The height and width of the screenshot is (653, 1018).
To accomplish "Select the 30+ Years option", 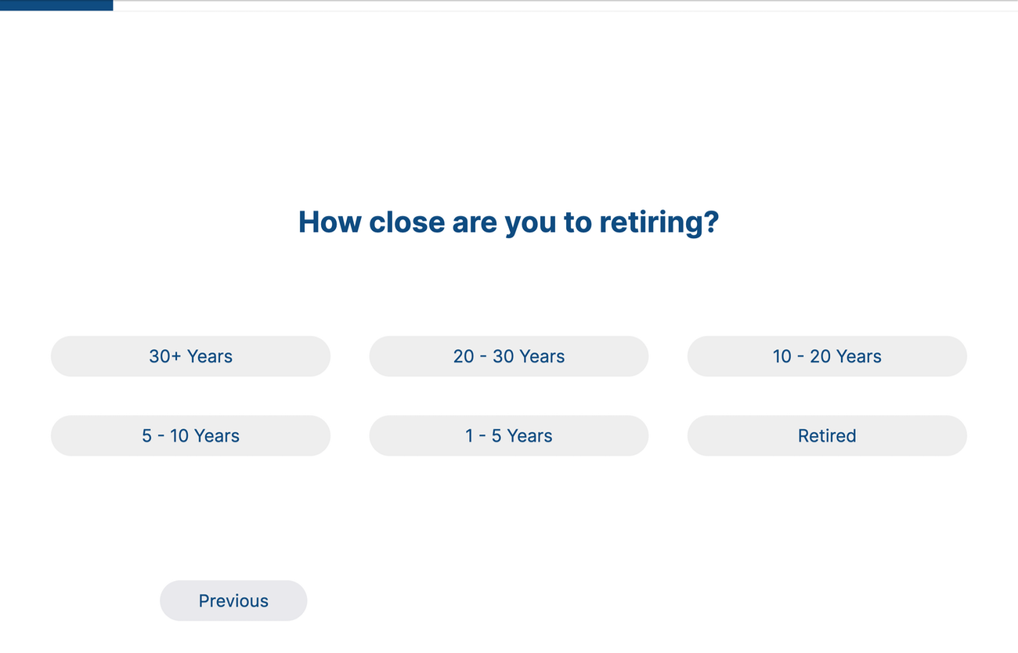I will [190, 356].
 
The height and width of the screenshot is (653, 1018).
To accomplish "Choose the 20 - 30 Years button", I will [508, 356].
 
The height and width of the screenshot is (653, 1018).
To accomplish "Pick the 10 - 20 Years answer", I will [827, 356].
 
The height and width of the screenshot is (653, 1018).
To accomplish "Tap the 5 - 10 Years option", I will [190, 436].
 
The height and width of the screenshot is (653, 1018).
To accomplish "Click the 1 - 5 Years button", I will [508, 436].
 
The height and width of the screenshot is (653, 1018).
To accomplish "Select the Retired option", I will [827, 436].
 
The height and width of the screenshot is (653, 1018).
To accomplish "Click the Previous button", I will [233, 601].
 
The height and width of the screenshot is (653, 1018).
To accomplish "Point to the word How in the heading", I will [329, 222].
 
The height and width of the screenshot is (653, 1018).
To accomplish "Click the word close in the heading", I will [406, 222].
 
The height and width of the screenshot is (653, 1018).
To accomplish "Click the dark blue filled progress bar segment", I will [56, 5].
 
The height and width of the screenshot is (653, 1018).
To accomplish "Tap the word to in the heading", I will [577, 222].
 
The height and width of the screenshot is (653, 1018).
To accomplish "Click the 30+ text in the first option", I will [165, 356].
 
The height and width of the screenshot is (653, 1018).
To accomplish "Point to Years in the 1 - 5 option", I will [529, 436].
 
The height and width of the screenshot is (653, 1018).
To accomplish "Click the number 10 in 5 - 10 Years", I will [179, 436].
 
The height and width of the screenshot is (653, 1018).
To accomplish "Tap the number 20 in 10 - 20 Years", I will [820, 356].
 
